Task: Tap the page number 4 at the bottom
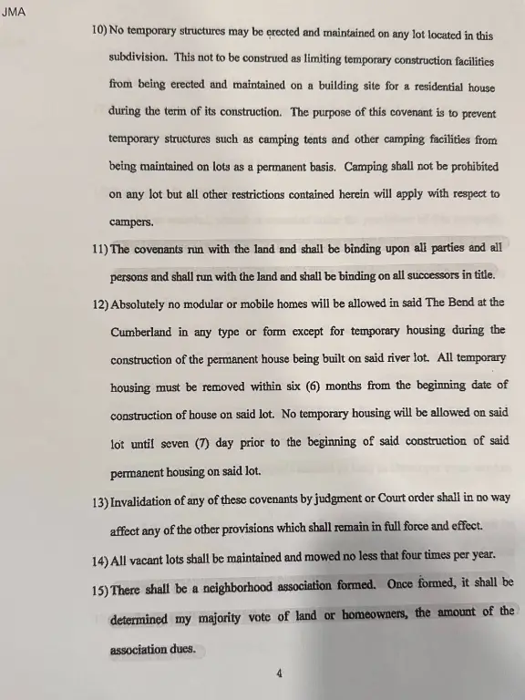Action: [x=279, y=674]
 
